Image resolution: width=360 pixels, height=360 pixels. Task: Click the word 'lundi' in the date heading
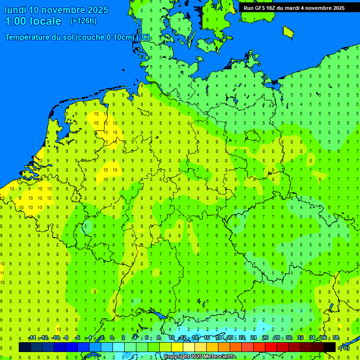coord(15,10)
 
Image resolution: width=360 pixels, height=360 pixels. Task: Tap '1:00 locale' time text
coord(33,21)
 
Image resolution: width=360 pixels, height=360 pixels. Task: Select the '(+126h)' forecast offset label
coord(83,21)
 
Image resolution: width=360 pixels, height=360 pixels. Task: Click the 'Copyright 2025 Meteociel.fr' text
coord(199,357)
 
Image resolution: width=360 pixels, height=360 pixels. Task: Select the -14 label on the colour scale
coord(32,338)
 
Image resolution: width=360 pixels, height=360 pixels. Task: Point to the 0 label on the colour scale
coord(112,338)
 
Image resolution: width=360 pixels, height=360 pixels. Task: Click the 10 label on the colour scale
coord(172,338)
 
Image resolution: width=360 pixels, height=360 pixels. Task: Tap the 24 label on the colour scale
coord(254,338)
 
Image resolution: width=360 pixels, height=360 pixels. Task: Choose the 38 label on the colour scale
coord(336,338)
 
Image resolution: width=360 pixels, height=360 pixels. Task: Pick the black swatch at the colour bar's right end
coord(330,347)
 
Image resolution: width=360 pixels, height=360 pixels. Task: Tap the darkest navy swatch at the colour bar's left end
coord(25,347)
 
